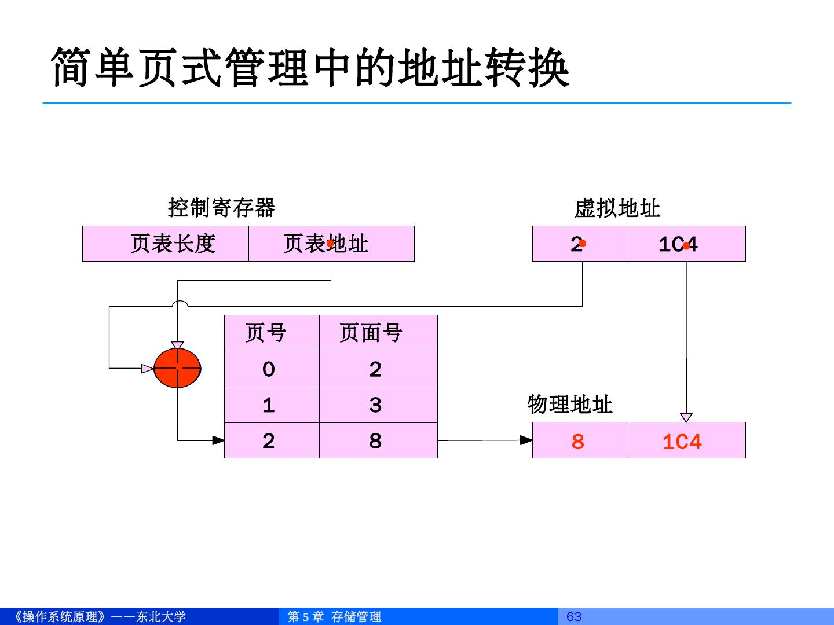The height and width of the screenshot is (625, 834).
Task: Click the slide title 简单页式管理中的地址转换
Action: (x=310, y=68)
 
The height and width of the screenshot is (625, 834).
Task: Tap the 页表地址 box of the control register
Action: (x=331, y=244)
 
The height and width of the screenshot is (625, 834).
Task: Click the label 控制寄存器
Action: (x=221, y=207)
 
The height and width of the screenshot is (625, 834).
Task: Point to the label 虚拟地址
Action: (x=617, y=208)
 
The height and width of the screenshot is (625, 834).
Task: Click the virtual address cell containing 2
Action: (x=579, y=244)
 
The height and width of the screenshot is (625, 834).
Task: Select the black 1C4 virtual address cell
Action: (x=686, y=244)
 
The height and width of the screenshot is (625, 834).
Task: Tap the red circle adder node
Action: (x=177, y=368)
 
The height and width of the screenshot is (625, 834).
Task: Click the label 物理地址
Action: (x=569, y=405)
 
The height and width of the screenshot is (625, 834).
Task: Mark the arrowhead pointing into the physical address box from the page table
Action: (x=526, y=440)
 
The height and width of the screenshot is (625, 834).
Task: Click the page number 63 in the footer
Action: (x=573, y=616)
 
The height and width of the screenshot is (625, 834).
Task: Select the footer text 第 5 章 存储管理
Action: (x=335, y=616)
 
